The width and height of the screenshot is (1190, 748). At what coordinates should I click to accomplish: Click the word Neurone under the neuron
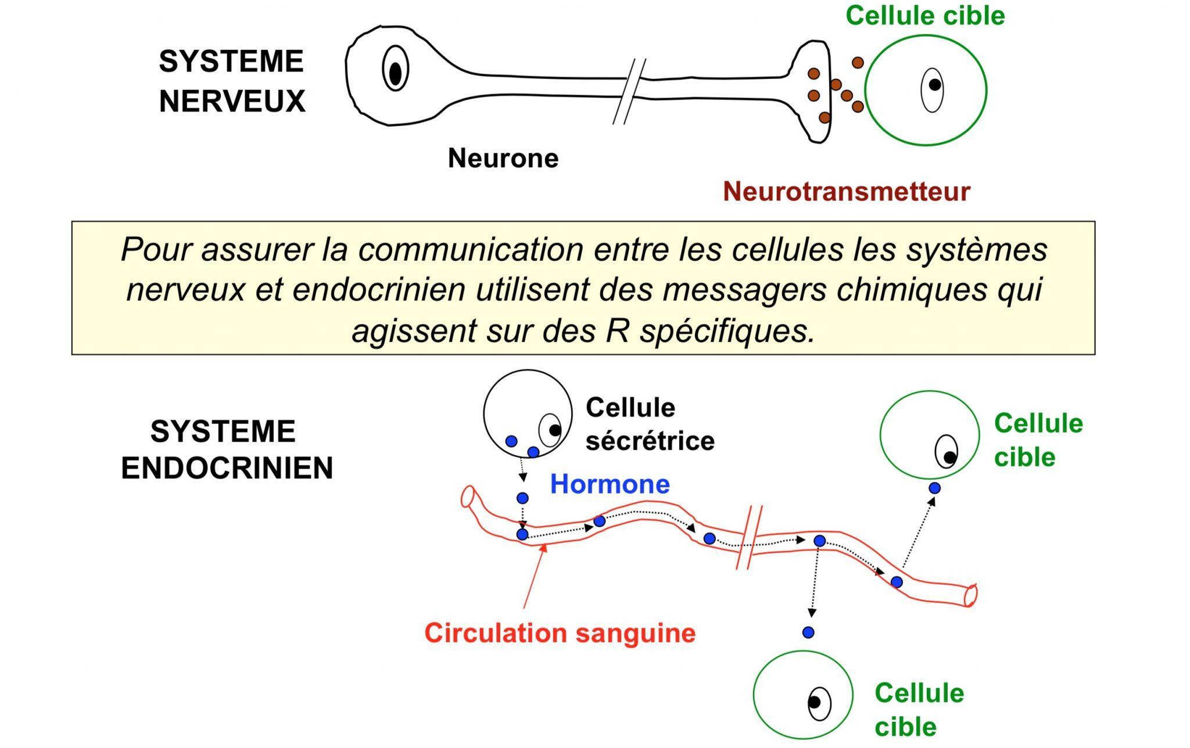coord(503,158)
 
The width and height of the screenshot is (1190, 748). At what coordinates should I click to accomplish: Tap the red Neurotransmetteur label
coord(846,192)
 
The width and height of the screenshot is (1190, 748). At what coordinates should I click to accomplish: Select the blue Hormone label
coord(610,484)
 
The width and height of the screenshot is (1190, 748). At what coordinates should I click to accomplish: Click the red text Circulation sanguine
coord(560,632)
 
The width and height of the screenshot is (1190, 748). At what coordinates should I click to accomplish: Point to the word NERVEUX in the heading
coord(232,102)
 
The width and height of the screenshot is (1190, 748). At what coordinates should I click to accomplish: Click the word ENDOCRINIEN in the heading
coord(227,468)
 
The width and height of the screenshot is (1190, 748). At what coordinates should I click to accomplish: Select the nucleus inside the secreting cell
coord(550,430)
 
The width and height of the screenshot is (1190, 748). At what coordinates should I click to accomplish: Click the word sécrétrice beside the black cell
coord(650,441)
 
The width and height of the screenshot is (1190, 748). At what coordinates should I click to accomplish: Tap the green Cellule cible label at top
coord(925,15)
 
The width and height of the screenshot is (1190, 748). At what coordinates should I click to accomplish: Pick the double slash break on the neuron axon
coord(629,91)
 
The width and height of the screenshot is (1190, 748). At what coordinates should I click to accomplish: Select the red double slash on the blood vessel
coord(749,537)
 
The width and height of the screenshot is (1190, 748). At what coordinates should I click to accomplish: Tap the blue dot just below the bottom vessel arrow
coord(808,632)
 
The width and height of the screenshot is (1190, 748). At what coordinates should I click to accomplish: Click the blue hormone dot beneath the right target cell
coord(934,488)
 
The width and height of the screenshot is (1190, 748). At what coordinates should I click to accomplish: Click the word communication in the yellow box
coord(470,250)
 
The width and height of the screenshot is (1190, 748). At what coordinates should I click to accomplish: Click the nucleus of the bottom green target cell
coord(818,703)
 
